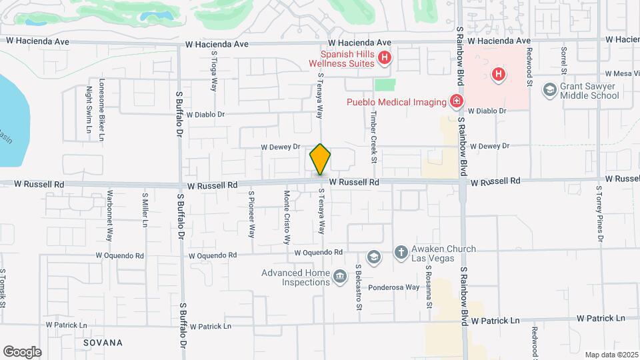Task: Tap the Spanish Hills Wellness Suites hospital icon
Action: [384, 59]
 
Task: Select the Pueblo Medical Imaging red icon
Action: [457, 102]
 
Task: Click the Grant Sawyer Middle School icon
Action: [550, 90]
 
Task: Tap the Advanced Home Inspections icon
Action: [339, 277]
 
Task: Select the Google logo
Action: [22, 351]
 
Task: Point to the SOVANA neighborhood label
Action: [103, 343]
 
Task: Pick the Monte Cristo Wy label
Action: [287, 211]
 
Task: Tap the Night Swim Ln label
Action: [88, 109]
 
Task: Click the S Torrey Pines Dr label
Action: [599, 213]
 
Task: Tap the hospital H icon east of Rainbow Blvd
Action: [498, 75]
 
